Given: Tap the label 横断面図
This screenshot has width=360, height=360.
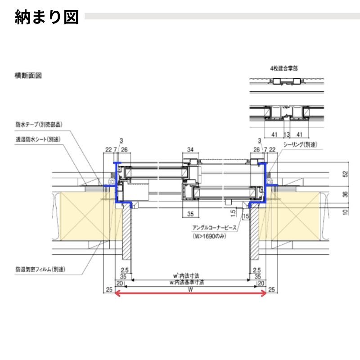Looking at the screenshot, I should click(28, 76).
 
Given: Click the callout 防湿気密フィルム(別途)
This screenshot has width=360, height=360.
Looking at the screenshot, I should click(40, 270).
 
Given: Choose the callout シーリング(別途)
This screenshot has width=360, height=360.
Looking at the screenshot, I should click(301, 144).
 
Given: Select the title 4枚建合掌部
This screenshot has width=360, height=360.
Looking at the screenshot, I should click(283, 68).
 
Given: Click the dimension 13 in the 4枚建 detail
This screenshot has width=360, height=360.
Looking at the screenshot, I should click(286, 134).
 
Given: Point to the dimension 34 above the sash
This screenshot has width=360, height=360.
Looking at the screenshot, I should click(190, 149).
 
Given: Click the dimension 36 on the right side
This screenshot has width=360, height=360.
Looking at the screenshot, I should click(345, 194).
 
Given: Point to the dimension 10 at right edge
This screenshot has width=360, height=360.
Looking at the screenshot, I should click(345, 211).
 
